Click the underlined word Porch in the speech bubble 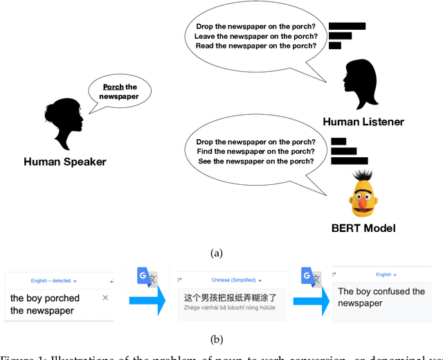tap(113, 87)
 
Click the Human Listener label tap(363, 122)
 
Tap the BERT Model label tap(364, 228)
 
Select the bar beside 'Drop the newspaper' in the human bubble tap(347, 27)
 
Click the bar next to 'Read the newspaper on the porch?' tap(335, 46)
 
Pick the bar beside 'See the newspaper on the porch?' tap(349, 161)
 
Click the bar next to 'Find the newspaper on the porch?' tap(344, 151)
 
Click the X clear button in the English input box tap(105, 298)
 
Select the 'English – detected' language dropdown tap(53, 280)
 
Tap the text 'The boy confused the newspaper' tap(381, 297)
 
